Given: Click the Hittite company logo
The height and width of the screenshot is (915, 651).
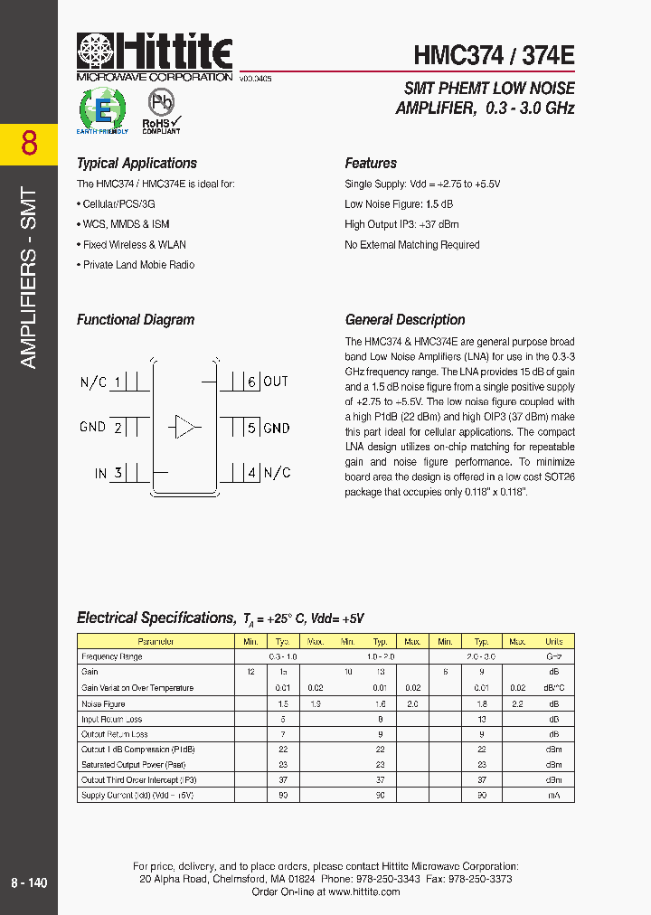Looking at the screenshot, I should coord(155,56).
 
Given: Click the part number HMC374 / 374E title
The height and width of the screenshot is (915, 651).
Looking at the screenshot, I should coord(494,55).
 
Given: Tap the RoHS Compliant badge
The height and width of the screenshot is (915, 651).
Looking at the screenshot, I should coord(161,113).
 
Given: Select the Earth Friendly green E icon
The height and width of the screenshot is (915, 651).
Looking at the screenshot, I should coord(103,112).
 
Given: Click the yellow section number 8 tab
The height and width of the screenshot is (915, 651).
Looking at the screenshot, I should coord(29,143).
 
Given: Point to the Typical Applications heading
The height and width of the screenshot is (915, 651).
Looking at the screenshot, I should coord(137,164).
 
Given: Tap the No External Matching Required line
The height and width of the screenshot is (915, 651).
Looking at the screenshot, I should coord(412,245).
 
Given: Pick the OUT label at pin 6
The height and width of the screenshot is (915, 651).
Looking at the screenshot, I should coord(276,382).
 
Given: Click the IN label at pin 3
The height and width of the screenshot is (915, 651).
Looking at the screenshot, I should coord(101,472).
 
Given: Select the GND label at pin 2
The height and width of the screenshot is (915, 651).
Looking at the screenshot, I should coord(93,427).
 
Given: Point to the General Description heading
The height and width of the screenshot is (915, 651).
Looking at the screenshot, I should coord(405,320).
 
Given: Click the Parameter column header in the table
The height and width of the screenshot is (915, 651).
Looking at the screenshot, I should coord(156,641).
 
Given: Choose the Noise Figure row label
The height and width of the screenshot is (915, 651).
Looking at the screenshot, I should coord(104,703).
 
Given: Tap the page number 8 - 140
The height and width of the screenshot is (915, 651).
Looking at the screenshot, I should coord(29,882).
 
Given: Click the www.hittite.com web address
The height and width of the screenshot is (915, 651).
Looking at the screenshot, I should coord(363,891).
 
